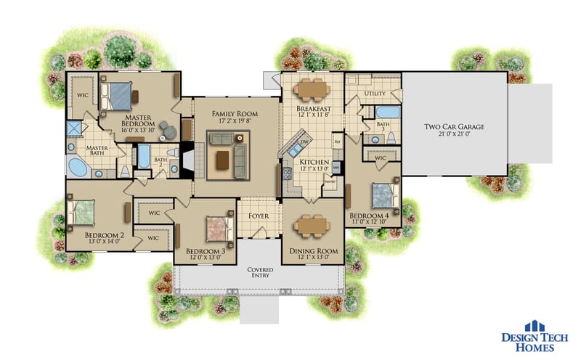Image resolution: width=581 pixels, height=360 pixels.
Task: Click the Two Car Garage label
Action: pos(454,127)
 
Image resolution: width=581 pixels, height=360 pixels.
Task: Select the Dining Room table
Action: pos(313,227)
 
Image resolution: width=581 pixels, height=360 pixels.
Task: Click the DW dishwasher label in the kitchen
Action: pos(304,142)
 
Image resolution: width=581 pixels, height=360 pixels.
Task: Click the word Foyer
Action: pos(259,216)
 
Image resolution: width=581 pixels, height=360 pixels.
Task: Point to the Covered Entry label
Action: pos(259,271)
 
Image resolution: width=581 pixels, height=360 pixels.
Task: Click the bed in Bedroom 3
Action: pos(216,228)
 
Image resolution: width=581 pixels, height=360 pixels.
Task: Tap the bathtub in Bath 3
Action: pos(386,113)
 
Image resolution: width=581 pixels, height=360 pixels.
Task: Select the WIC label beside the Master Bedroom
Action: pos(81,94)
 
